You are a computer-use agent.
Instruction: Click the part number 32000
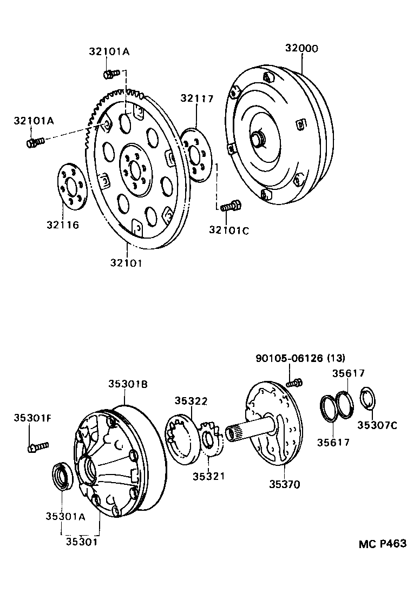tap(301, 49)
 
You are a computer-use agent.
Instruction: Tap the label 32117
tap(197, 98)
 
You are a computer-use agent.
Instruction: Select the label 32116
tap(62, 225)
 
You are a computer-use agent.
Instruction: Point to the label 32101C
tap(229, 230)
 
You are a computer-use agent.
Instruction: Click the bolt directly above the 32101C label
tap(229, 206)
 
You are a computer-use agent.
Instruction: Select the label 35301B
tap(127, 384)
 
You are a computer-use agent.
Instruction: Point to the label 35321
tap(208, 476)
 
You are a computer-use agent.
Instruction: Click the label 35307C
tap(377, 425)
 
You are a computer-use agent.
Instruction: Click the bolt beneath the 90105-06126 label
tap(294, 383)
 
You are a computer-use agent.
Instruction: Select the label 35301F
tap(32, 418)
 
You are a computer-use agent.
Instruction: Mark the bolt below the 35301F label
tap(38, 446)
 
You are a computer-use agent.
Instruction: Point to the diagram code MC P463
tap(382, 544)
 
